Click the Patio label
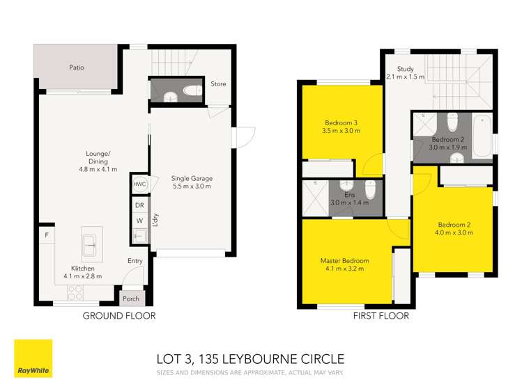tap(77, 68)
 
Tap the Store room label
tap(219, 84)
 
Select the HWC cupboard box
tap(139, 185)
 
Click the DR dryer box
tap(139, 206)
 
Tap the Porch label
tap(131, 299)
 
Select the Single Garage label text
tap(192, 179)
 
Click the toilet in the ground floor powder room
tap(189, 90)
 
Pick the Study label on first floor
tap(406, 69)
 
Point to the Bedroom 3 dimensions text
tap(341, 130)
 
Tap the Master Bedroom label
tap(345, 261)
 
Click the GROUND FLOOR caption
tap(119, 316)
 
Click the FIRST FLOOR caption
tap(381, 316)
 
